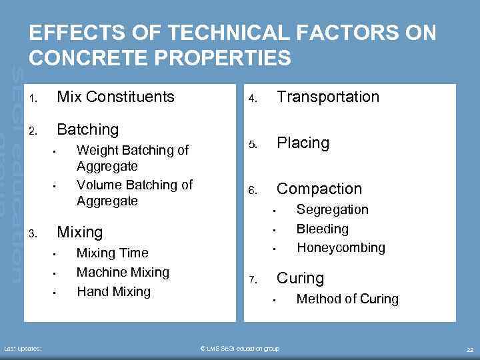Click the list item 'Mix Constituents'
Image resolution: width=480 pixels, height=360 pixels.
point(115,97)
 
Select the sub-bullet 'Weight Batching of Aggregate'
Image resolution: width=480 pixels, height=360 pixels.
point(133,157)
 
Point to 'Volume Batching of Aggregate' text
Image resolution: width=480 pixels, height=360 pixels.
point(134,193)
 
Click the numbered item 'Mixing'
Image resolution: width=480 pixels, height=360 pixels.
point(80,233)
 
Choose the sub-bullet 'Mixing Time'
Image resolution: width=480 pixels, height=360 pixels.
point(112,253)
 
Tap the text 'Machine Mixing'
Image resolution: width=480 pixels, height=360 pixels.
point(123,273)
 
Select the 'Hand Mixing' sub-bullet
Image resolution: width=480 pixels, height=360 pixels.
point(113,292)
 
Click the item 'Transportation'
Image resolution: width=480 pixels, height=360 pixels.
point(327,97)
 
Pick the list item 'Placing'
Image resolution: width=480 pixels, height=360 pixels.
point(303,143)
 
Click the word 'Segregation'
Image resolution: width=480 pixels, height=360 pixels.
point(332,210)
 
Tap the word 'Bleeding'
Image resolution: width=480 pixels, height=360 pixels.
point(322,229)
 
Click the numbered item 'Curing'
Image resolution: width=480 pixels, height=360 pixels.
point(300,279)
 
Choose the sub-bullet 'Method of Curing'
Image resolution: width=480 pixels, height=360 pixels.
point(347,299)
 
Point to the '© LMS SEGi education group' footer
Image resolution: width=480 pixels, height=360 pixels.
point(240,349)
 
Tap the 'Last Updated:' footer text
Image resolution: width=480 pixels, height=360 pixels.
point(23,349)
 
